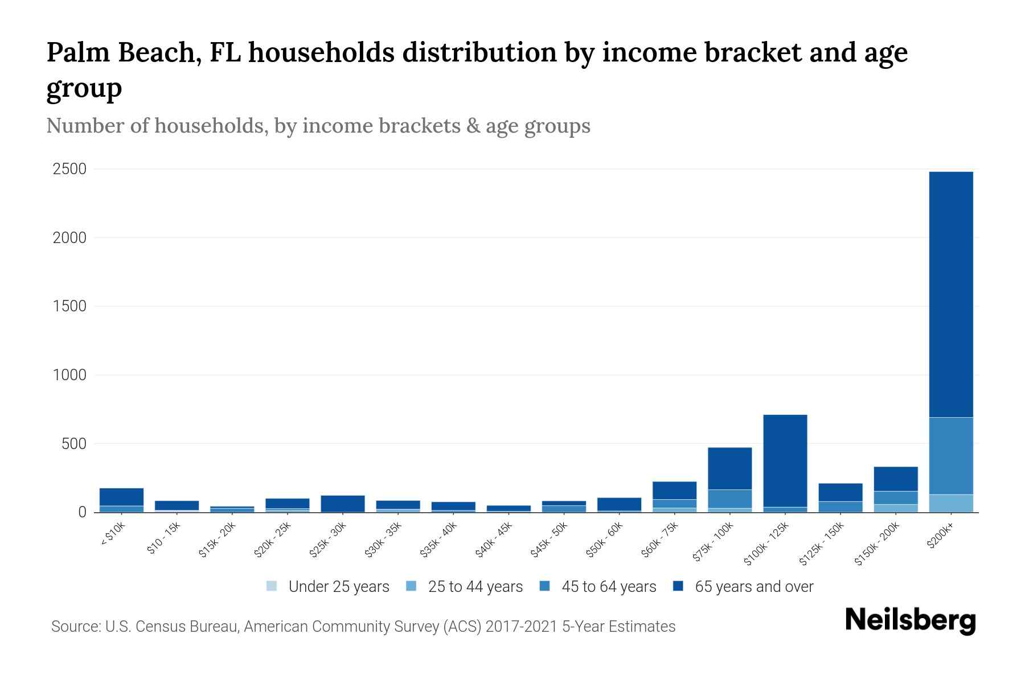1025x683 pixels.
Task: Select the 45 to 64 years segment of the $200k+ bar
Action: tap(950, 455)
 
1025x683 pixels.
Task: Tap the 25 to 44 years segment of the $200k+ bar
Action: tap(950, 503)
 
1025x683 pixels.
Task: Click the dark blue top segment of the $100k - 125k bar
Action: tap(785, 460)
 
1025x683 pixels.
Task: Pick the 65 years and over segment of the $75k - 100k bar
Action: tap(729, 468)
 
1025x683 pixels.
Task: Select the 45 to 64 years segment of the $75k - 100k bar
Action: tap(729, 499)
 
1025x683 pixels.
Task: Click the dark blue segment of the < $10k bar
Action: tap(121, 497)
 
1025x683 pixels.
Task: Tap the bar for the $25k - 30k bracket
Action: tap(342, 504)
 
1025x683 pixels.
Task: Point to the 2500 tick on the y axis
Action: tap(69, 169)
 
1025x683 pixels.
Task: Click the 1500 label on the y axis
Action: tap(69, 306)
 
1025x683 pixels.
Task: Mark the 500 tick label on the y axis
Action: tap(73, 443)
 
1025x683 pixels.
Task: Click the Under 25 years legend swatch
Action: tap(272, 586)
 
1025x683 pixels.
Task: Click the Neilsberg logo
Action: tap(910, 620)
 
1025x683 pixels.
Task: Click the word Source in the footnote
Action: tap(75, 627)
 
